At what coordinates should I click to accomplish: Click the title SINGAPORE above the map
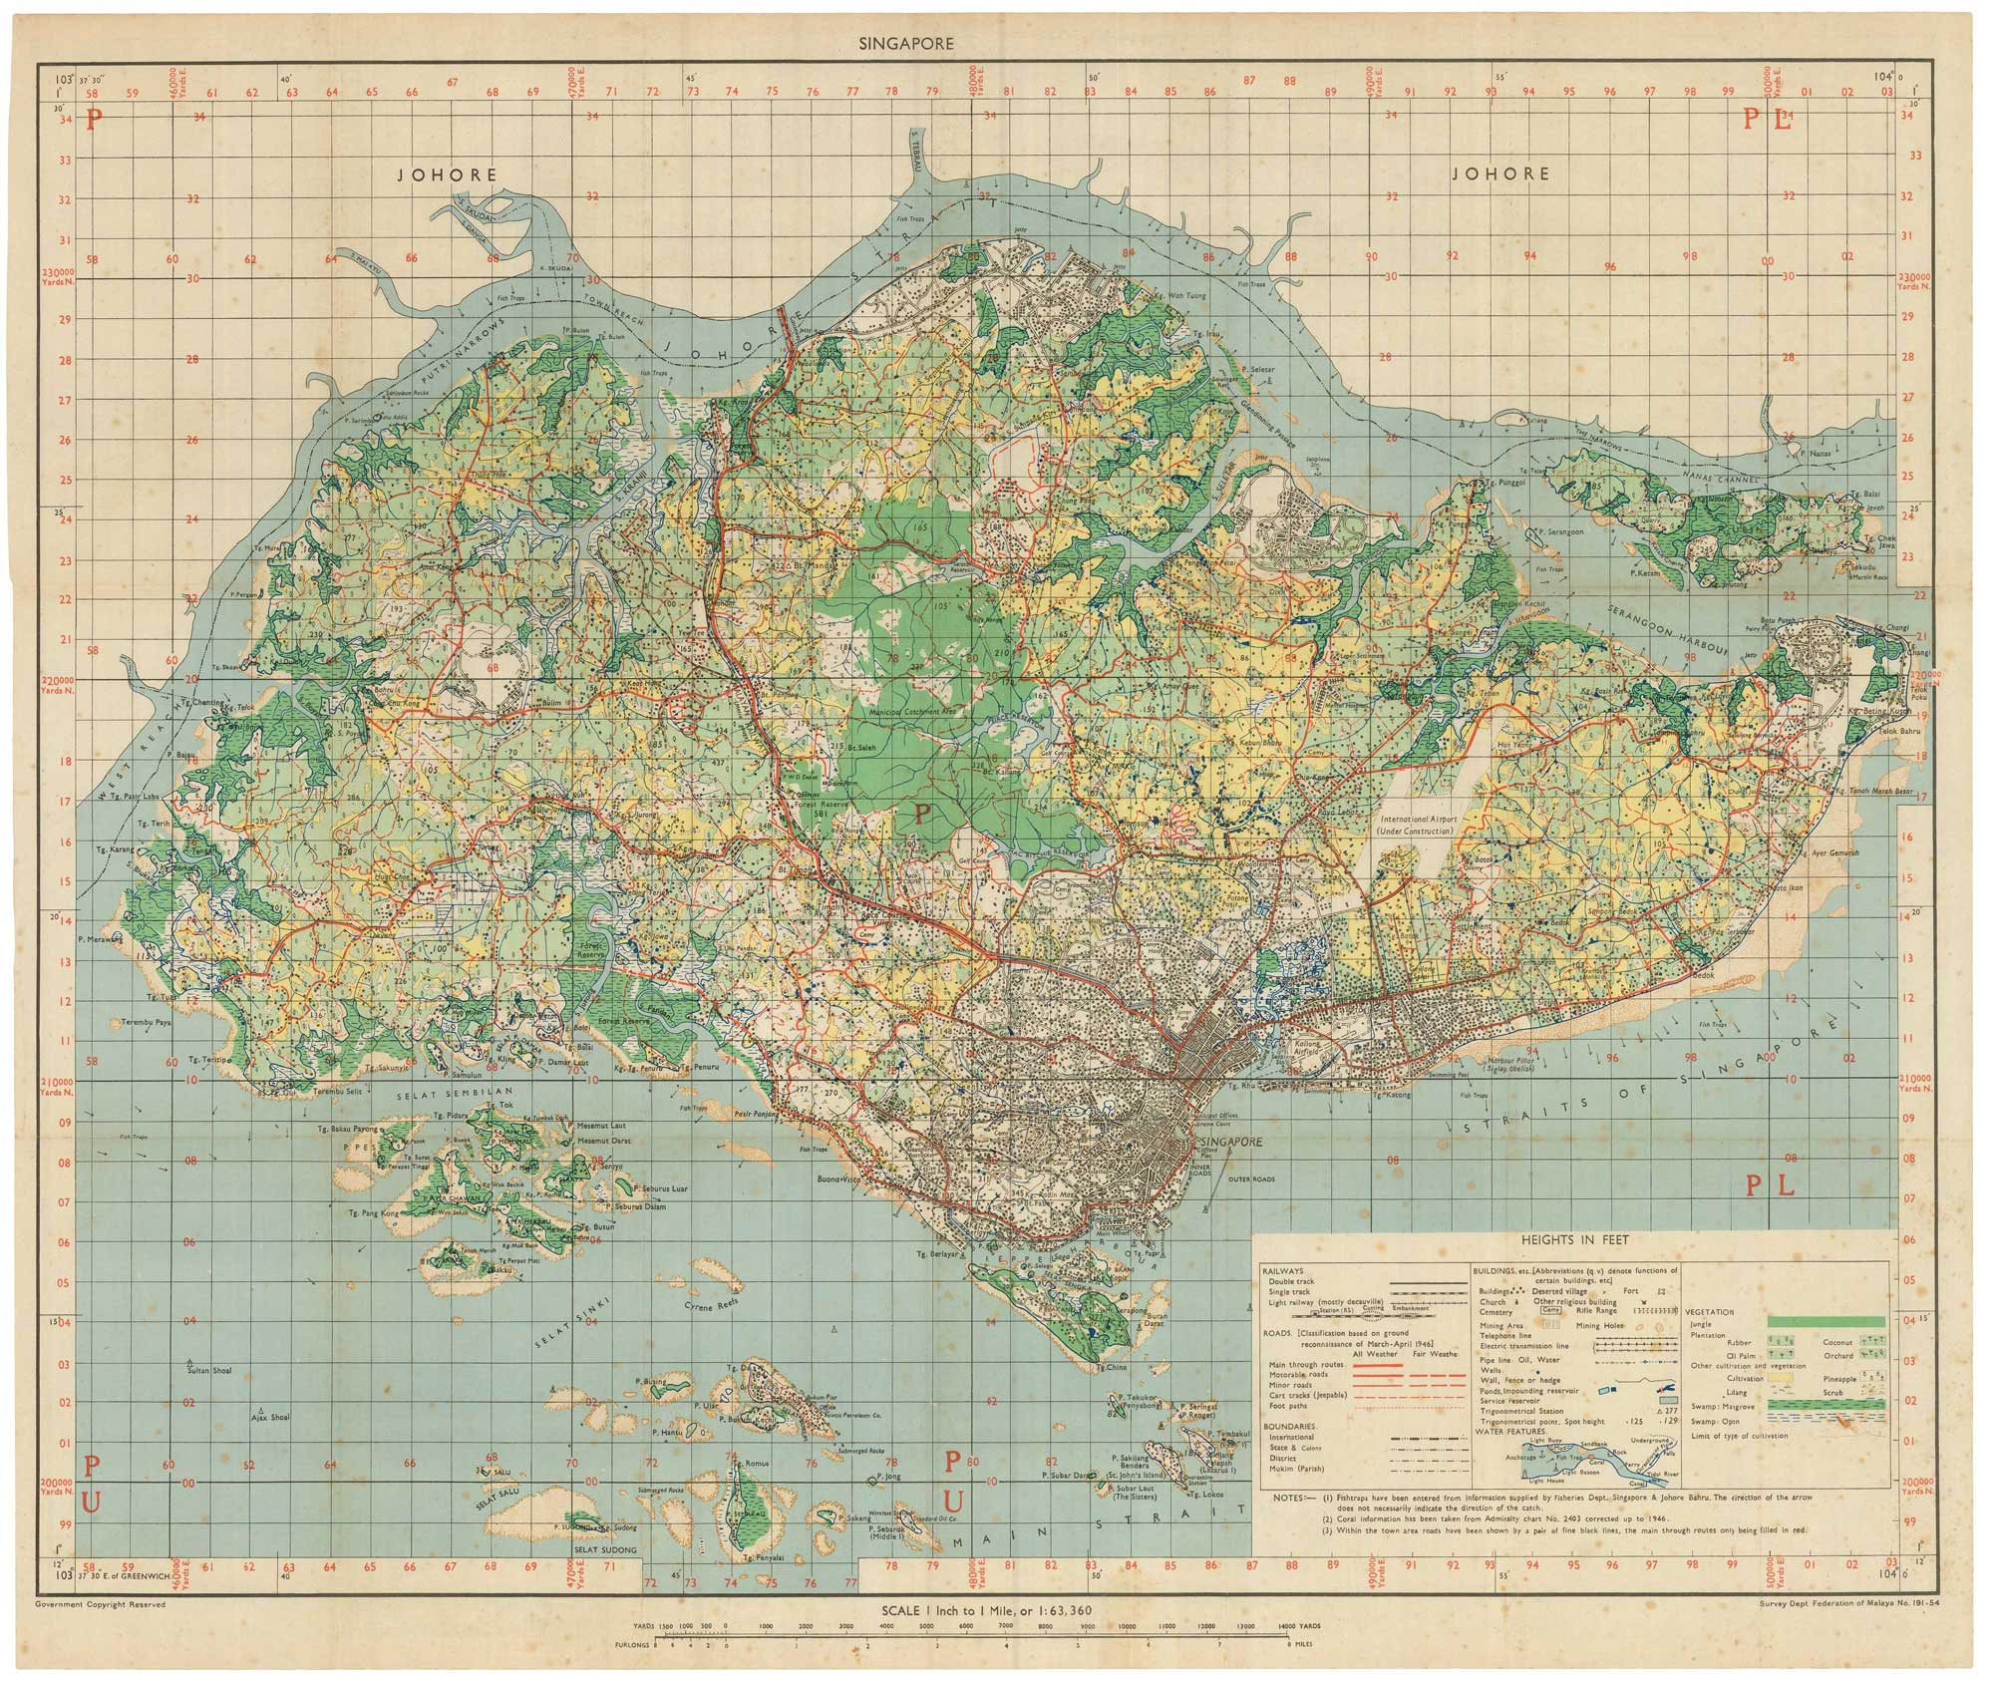(x=912, y=44)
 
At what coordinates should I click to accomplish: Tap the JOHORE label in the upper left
(x=447, y=174)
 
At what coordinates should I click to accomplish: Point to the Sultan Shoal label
(x=208, y=1371)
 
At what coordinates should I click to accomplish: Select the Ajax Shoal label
(x=269, y=1417)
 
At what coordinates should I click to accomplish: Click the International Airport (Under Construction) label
(x=1418, y=824)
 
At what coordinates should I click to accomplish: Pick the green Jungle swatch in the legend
(x=1826, y=1322)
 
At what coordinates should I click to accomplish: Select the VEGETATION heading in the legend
(x=1713, y=1312)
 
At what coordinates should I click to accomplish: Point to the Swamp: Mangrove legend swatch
(x=1826, y=1403)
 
